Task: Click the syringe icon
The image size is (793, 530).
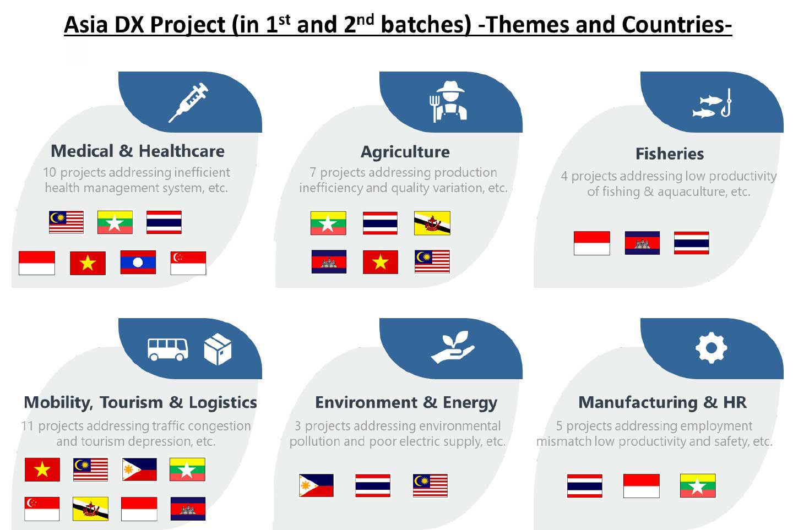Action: [x=188, y=102]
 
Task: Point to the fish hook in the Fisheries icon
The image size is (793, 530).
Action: [x=726, y=103]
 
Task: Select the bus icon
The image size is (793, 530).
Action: [x=168, y=349]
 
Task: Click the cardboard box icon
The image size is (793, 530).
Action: [x=218, y=349]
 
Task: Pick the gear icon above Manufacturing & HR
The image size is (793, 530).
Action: [x=711, y=348]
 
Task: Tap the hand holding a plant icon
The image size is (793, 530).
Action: [x=453, y=347]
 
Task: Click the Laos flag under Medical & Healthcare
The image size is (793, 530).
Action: [x=138, y=263]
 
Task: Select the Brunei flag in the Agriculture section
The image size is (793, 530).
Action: [x=432, y=223]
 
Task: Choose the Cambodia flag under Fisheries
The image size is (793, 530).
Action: [x=642, y=243]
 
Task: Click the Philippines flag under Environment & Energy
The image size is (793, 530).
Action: [x=316, y=485]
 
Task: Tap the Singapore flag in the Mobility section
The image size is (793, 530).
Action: [x=42, y=509]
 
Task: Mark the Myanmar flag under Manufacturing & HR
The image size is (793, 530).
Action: [x=698, y=486]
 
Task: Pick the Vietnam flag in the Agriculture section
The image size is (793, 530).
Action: [x=380, y=262]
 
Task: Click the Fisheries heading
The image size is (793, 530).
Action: [x=670, y=154]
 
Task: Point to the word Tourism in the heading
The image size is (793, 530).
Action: [x=131, y=402]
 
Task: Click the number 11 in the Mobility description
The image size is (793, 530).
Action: [x=28, y=426]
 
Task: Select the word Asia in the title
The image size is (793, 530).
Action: [x=86, y=25]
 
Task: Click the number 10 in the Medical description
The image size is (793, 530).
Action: [x=50, y=173]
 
